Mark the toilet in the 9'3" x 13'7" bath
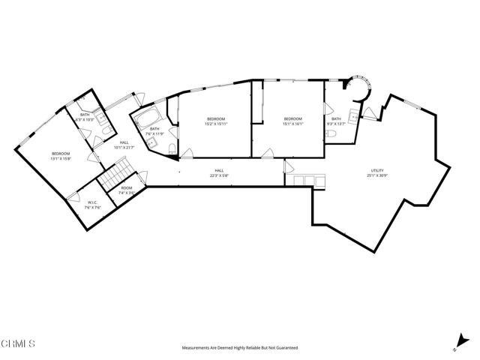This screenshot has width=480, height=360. [331, 133]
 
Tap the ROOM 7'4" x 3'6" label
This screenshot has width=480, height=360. [127, 190]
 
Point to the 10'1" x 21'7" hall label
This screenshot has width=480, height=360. [123, 145]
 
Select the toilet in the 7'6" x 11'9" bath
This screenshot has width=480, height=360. [172, 145]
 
